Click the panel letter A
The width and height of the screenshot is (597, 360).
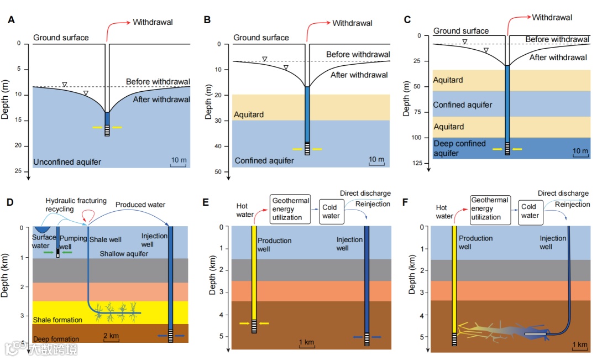tap(11, 20)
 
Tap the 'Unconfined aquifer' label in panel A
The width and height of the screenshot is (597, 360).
tap(68, 162)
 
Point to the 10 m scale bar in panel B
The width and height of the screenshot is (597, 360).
tap(376, 161)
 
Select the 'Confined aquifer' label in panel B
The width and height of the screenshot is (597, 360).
tap(264, 161)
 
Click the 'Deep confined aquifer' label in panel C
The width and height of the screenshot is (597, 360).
tap(459, 148)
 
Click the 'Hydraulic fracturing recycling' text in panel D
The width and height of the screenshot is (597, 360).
tap(76, 205)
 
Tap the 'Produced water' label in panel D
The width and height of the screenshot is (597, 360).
tap(140, 205)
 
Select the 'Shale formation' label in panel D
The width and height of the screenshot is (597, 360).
tap(57, 320)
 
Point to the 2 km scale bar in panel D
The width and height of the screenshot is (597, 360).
tap(111, 337)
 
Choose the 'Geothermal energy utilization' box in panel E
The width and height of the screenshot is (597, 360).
tap(290, 208)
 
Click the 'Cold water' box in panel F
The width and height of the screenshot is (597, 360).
tap(530, 212)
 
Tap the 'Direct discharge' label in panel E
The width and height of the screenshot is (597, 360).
tap(365, 194)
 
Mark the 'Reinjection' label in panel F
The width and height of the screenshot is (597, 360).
tap(572, 205)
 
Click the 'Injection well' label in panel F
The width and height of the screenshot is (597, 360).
tap(553, 242)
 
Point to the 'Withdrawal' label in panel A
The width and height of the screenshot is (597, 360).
tap(153, 22)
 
